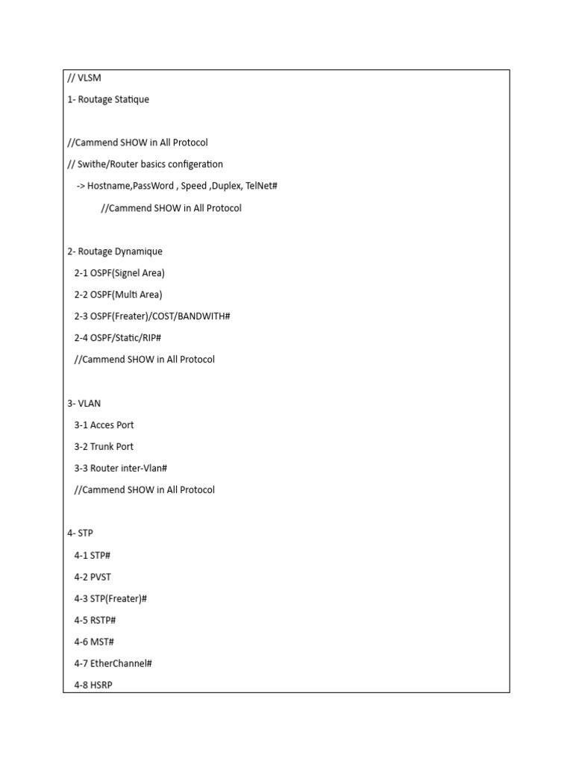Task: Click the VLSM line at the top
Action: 84,78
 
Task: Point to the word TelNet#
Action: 261,186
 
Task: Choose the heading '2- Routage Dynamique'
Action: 115,251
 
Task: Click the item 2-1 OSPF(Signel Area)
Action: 119,273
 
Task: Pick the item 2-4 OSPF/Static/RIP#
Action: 118,338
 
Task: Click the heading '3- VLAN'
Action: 84,404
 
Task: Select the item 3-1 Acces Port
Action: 104,425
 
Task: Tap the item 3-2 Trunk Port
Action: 104,447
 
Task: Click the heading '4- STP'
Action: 81,533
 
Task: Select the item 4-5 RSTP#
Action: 95,620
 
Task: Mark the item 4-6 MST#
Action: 94,642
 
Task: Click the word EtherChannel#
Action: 122,663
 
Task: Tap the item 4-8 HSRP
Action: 93,685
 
